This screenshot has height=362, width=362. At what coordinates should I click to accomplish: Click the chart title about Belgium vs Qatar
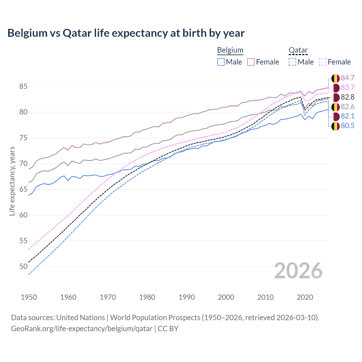126,33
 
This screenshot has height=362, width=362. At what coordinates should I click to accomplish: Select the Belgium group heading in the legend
230,50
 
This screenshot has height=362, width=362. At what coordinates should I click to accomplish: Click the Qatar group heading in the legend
298,50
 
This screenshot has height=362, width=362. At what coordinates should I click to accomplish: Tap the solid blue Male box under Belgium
221,62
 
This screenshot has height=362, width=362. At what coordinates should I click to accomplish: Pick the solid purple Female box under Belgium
251,62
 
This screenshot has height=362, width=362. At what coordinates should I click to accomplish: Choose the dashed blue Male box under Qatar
292,62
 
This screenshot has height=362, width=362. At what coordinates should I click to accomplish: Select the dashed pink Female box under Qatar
323,62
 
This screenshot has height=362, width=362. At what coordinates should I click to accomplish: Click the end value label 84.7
348,78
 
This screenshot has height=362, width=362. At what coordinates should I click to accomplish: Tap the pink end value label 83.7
348,87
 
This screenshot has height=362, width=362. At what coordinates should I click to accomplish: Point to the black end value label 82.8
348,97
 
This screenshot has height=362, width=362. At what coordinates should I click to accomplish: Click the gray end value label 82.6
348,107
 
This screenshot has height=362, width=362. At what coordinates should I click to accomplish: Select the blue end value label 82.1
348,116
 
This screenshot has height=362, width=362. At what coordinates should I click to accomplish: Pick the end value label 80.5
348,126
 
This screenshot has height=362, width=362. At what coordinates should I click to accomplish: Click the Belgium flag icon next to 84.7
335,78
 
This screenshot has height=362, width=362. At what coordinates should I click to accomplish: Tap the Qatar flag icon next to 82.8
335,97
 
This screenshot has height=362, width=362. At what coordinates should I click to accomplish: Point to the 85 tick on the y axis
23,86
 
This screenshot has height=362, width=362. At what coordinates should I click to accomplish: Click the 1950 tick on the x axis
29,297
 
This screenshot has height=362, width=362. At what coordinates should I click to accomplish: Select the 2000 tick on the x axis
226,297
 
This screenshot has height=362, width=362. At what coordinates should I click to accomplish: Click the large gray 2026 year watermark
298,271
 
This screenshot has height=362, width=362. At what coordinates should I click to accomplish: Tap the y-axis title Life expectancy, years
12,181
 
